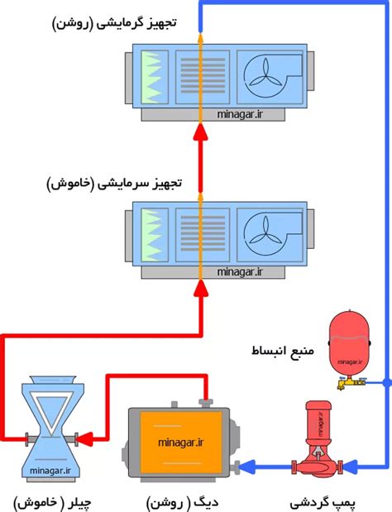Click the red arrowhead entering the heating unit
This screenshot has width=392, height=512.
(199, 134)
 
